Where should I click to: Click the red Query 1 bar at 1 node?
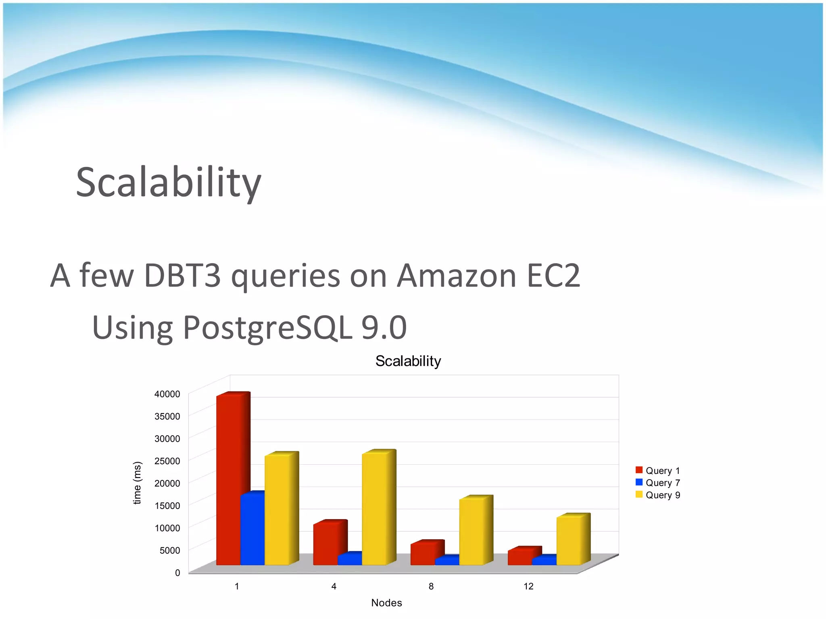[229, 480]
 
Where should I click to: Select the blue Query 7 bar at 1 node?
[252, 530]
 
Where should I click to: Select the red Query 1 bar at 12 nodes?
[520, 557]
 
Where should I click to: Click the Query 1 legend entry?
[658, 470]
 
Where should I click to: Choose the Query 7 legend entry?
[658, 482]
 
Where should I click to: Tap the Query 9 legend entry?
[658, 495]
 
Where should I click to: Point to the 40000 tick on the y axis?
[167, 394]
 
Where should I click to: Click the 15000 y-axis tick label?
[167, 505]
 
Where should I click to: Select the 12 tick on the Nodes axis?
[528, 586]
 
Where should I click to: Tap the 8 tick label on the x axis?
[431, 586]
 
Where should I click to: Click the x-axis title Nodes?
[386, 603]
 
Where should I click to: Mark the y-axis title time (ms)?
[138, 483]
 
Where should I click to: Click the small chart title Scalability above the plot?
[408, 361]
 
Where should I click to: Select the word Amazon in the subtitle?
[457, 276]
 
